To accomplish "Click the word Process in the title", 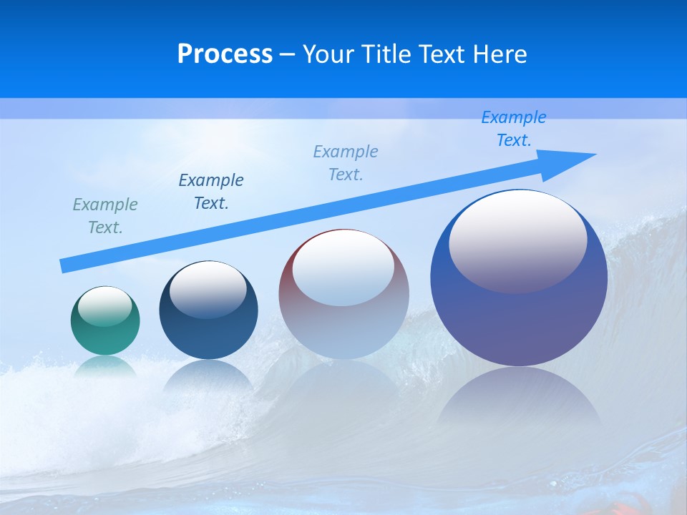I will click(225, 54).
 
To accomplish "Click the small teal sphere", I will click(105, 322).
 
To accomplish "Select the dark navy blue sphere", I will click(208, 315).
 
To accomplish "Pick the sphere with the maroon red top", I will click(343, 300).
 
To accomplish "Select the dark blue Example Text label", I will click(211, 192).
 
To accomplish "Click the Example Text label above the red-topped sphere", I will click(346, 163).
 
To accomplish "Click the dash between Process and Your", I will click(288, 54).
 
